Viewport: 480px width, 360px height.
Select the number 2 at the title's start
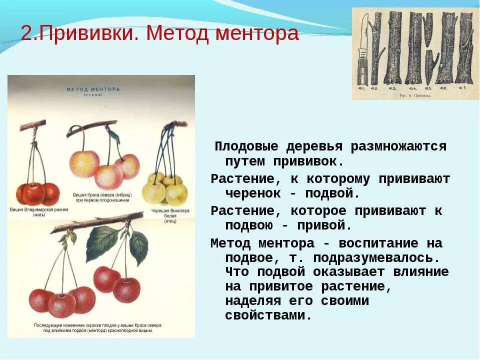(x=26, y=34)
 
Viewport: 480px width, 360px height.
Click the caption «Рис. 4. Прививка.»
(x=414, y=94)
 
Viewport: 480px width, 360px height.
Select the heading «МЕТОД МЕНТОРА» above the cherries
(x=93, y=89)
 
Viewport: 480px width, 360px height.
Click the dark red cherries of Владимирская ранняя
(x=37, y=192)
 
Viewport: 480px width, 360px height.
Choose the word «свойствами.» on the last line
(x=268, y=315)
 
